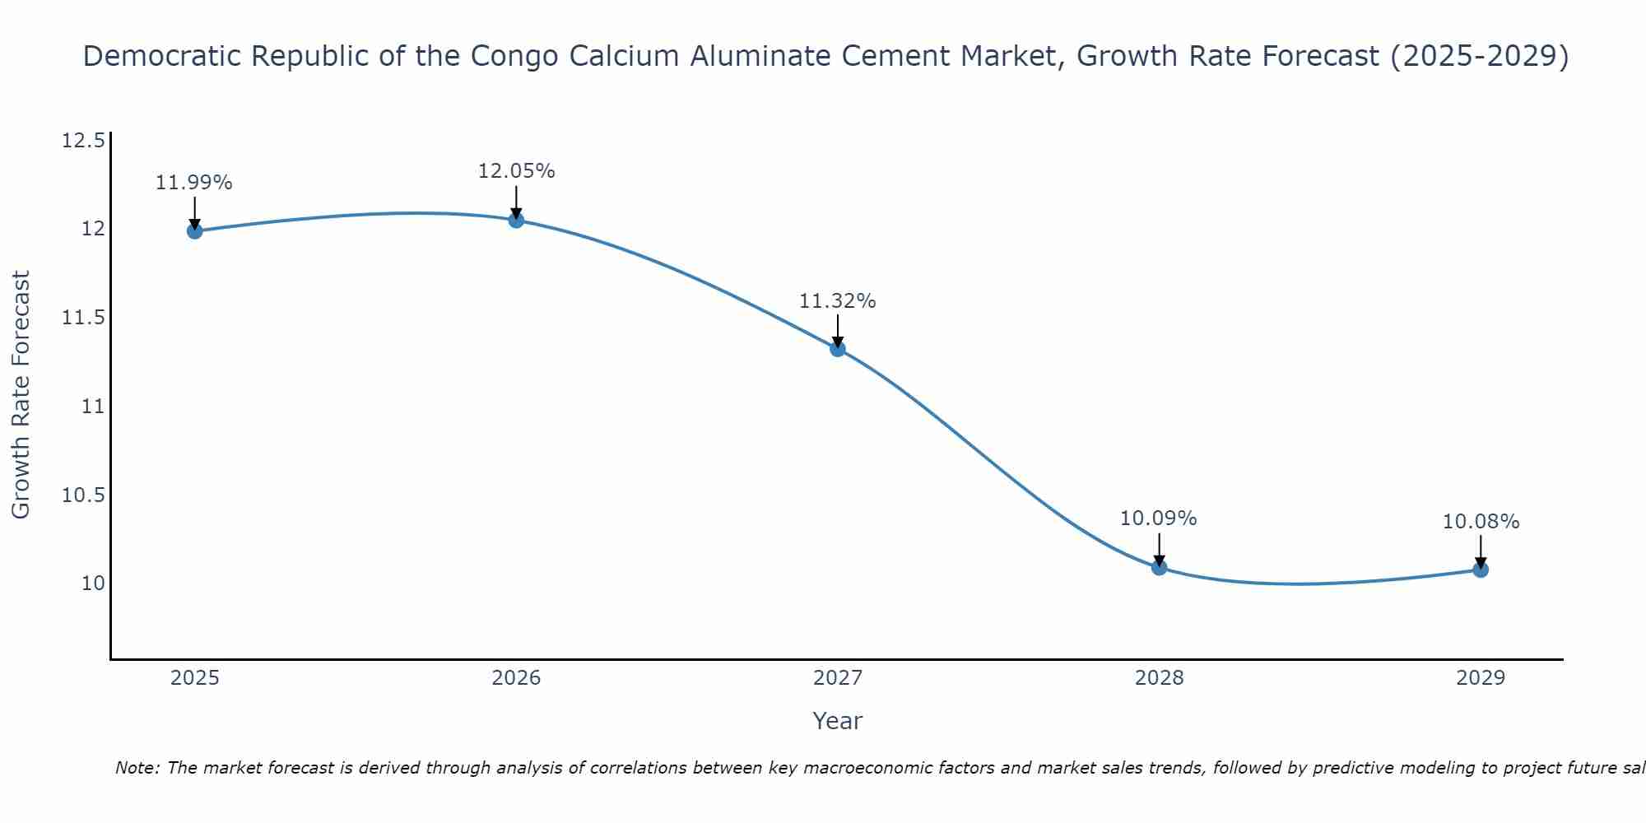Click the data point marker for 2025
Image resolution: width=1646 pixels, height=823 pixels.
(x=195, y=230)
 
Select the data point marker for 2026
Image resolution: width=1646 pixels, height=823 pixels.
(x=516, y=220)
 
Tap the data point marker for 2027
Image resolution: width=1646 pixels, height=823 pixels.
(x=838, y=349)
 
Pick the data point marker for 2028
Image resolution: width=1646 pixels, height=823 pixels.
(x=1159, y=567)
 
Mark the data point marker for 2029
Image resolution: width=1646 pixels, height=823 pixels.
(x=1481, y=570)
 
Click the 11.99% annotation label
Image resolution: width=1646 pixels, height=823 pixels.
(x=194, y=183)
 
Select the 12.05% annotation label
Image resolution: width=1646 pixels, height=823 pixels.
(x=516, y=171)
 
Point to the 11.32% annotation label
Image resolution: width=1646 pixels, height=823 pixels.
(x=838, y=301)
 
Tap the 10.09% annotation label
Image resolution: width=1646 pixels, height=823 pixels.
(x=1159, y=518)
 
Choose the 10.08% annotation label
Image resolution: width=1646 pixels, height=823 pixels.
(x=1481, y=522)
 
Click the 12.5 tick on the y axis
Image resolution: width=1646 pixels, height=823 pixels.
(x=83, y=141)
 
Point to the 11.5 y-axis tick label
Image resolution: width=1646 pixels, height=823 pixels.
(x=83, y=318)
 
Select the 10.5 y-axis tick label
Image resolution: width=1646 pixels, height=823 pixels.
(x=83, y=495)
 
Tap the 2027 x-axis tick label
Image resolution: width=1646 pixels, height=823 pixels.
(x=838, y=678)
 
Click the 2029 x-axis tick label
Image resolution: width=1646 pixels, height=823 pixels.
(x=1481, y=678)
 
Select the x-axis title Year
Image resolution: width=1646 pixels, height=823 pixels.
(x=837, y=721)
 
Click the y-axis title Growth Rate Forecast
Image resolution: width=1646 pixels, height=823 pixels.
(x=21, y=394)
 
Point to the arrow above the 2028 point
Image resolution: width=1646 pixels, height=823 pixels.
(x=1159, y=549)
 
